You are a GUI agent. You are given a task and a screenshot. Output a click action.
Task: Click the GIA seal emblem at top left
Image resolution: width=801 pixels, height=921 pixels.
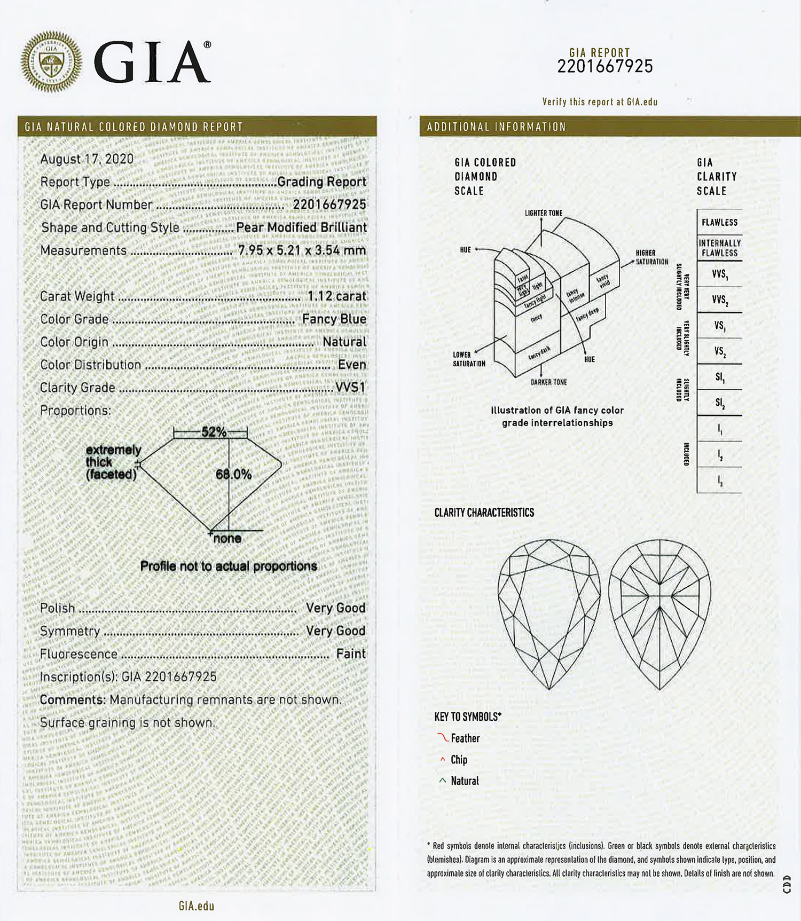tap(51, 61)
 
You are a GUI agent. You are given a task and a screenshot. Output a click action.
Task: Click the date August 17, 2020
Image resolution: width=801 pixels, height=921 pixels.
tap(87, 159)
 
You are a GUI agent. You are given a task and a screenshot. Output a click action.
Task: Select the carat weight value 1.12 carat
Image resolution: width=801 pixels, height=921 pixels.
tap(336, 296)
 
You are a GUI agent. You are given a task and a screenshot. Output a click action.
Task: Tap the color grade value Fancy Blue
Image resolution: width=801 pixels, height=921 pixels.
tap(334, 319)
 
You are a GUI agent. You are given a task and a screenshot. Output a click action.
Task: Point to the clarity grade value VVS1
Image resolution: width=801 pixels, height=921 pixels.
tap(350, 388)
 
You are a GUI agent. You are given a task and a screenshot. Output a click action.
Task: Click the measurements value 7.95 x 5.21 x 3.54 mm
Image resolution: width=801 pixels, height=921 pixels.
tap(302, 250)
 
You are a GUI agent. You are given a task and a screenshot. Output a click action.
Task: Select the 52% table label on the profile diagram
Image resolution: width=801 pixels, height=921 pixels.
tap(214, 432)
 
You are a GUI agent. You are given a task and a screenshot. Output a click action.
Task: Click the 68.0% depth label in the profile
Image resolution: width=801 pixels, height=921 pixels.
tap(233, 474)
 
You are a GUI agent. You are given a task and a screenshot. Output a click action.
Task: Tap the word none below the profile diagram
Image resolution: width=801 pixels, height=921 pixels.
tap(227, 539)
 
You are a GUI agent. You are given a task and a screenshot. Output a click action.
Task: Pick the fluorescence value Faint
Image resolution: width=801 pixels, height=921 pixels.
tap(351, 654)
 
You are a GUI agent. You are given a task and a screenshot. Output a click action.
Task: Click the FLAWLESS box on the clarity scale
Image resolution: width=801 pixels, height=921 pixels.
tap(719, 223)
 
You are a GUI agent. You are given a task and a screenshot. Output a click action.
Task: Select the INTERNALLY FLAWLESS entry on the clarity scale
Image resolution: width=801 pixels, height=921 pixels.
tap(719, 248)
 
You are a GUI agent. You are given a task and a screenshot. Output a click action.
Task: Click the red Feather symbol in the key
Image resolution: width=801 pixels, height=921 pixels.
tap(443, 738)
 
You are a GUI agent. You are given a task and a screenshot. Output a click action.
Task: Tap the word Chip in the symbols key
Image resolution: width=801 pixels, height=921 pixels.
tap(459, 760)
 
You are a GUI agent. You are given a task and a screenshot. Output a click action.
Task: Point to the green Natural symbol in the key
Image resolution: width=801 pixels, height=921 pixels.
tap(442, 781)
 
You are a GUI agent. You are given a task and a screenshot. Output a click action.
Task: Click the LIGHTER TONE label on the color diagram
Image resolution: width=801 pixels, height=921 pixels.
tap(543, 213)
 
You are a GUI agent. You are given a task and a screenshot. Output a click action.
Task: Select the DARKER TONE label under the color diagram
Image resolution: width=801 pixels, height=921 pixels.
tap(548, 382)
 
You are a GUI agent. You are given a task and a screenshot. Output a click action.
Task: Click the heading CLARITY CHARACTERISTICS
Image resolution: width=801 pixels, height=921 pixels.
tap(484, 513)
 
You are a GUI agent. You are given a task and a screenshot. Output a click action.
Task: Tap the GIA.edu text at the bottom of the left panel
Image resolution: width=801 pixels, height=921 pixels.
tap(197, 906)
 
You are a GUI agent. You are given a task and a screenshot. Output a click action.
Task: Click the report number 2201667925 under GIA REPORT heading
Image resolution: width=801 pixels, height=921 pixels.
tap(605, 67)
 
